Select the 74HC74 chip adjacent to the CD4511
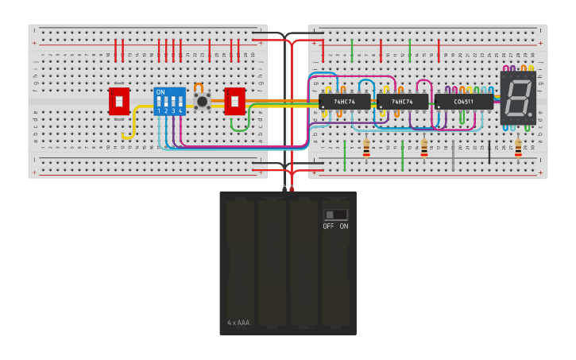[402, 102]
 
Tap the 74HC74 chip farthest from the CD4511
[344, 102]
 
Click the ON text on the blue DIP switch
[160, 92]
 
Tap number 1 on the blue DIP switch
[159, 111]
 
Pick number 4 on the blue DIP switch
[180, 111]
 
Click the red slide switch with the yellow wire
[119, 101]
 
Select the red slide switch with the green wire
[234, 101]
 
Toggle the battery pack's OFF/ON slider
[335, 215]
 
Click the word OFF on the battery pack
[328, 226]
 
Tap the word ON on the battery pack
[344, 226]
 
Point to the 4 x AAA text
[238, 323]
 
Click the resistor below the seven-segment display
[518, 149]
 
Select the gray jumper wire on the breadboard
[453, 156]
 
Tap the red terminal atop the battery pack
[292, 188]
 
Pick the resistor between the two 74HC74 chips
[366, 149]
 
